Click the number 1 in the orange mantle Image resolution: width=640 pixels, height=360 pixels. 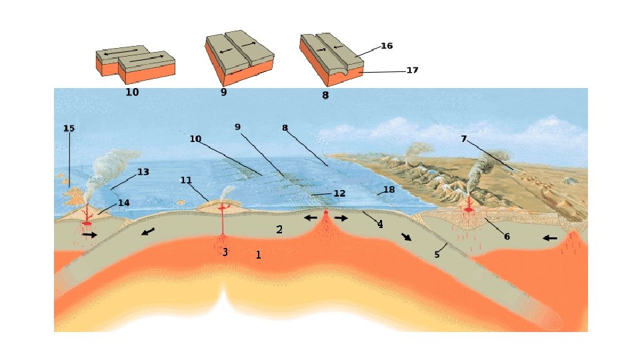click(x=259, y=254)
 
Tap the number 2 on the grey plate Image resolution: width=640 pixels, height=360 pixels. click(x=280, y=230)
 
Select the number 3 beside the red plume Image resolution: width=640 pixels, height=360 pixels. click(x=225, y=252)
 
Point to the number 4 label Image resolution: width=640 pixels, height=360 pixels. click(x=380, y=224)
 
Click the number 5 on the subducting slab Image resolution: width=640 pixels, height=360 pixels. click(x=437, y=254)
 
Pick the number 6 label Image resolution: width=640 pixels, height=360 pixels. click(x=507, y=236)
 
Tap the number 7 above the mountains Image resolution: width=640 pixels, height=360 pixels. click(x=463, y=139)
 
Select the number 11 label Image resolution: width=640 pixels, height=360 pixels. click(x=186, y=180)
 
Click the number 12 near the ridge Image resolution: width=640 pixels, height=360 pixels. click(x=339, y=193)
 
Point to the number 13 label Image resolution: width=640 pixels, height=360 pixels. click(x=143, y=172)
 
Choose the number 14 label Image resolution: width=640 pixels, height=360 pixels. click(x=123, y=203)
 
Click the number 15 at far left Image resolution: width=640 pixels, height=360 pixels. click(x=69, y=128)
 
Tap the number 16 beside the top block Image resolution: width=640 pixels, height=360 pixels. click(x=387, y=46)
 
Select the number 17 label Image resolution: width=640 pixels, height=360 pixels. click(x=412, y=70)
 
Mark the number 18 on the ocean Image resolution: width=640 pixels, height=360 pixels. click(x=389, y=190)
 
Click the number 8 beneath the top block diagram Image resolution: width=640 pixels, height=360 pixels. click(x=325, y=95)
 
